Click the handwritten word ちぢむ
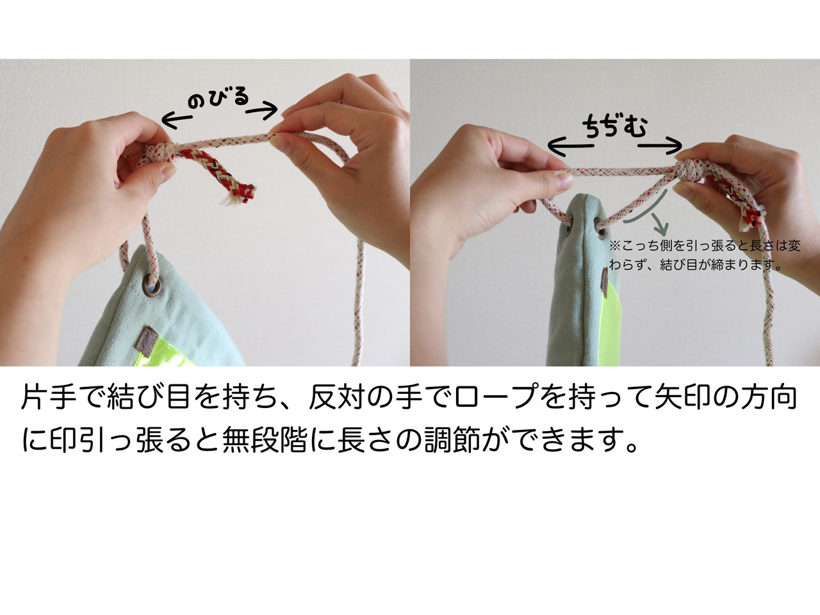coord(614,127)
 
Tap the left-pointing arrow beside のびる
coord(177,120)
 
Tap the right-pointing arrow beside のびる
coord(262,110)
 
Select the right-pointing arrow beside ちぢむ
coord(660,145)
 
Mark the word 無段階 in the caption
coord(265,439)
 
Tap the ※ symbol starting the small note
coord(614,246)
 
